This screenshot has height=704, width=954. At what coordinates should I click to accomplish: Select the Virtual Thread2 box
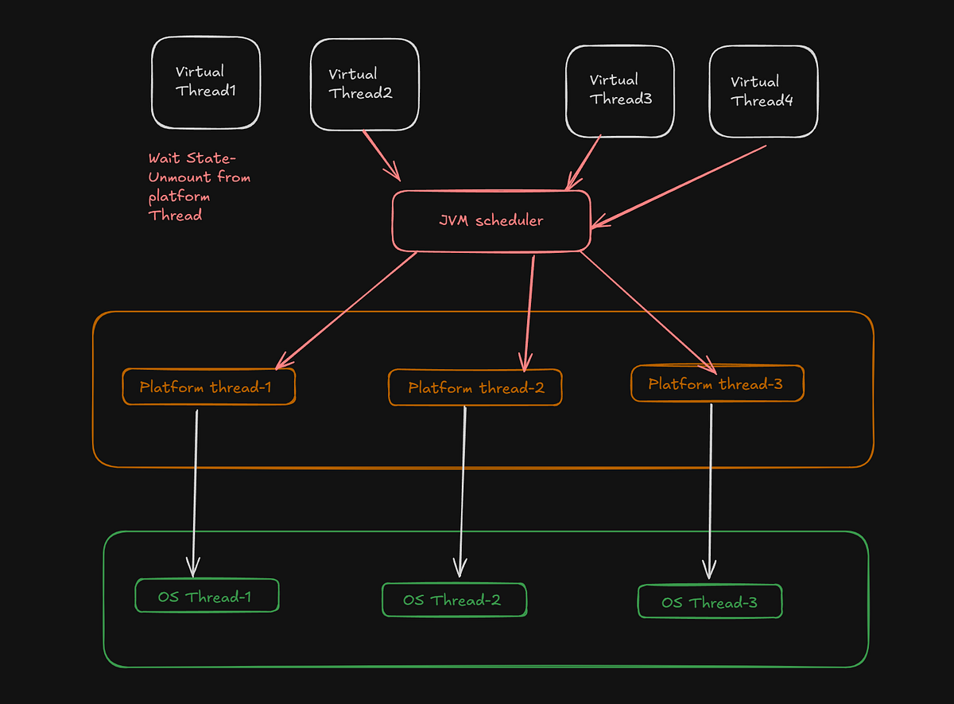[364, 84]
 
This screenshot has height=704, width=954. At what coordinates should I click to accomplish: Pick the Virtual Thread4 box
[762, 91]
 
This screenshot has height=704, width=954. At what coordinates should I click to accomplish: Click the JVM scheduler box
[491, 220]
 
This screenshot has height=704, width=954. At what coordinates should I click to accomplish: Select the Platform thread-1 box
[208, 387]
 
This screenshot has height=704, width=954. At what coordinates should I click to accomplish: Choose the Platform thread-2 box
[475, 388]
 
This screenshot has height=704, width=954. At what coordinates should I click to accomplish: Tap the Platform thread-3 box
[716, 384]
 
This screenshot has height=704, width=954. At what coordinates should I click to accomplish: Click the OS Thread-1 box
[207, 597]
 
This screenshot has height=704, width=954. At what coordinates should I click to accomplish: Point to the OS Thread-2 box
[454, 600]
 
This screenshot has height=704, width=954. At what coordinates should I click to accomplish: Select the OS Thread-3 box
[710, 602]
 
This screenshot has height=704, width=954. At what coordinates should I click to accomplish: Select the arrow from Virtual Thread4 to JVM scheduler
[680, 185]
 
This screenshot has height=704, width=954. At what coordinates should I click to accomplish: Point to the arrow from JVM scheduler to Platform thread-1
[347, 310]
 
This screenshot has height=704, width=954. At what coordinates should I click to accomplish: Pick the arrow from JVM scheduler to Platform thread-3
[646, 310]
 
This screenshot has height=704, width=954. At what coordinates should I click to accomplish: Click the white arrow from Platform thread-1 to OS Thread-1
[195, 493]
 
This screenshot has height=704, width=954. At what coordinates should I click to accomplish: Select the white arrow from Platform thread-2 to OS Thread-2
[462, 489]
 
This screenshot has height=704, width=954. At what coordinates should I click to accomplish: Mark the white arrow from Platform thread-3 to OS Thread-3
[710, 489]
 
